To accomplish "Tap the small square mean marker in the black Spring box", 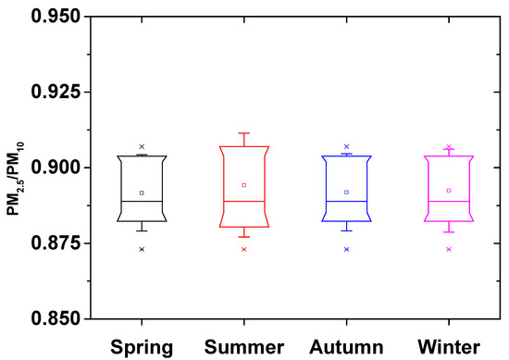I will click(142, 192).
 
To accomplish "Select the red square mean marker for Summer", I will click(244, 185).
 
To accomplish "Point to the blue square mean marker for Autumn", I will click(346, 192).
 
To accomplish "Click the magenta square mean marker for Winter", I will click(449, 191).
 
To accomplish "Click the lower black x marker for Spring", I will click(142, 249).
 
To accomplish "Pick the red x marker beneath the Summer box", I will click(244, 249).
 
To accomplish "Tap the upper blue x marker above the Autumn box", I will click(346, 147).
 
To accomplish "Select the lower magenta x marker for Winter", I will click(449, 249).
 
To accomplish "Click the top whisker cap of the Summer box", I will click(244, 133).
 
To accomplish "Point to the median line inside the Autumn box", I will click(346, 201).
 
